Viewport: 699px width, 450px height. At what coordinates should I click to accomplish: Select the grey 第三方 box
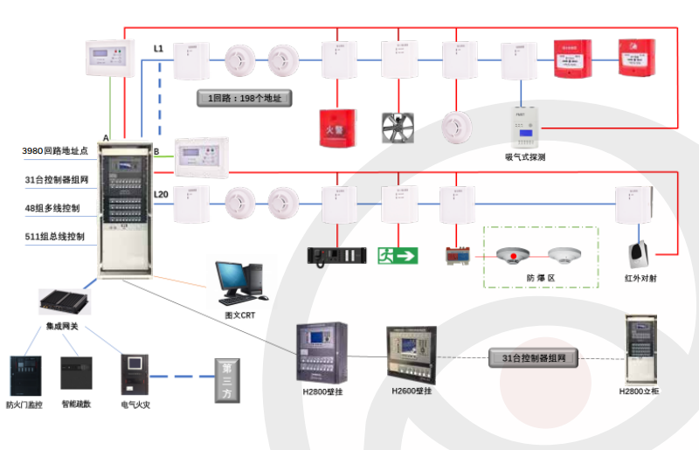click(x=227, y=380)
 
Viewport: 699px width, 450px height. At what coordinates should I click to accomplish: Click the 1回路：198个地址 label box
click(x=244, y=98)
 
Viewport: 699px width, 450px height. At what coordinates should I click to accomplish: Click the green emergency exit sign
click(x=398, y=255)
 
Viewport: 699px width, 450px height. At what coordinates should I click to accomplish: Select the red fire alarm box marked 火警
click(x=336, y=127)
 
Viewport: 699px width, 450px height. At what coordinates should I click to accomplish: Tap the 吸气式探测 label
click(x=525, y=157)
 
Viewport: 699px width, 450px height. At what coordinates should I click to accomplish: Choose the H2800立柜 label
click(x=641, y=391)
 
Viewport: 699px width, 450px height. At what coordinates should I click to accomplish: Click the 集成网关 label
click(x=63, y=326)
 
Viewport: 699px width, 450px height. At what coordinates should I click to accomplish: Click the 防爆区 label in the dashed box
click(x=540, y=278)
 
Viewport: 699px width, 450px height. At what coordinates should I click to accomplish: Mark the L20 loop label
click(x=162, y=193)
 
